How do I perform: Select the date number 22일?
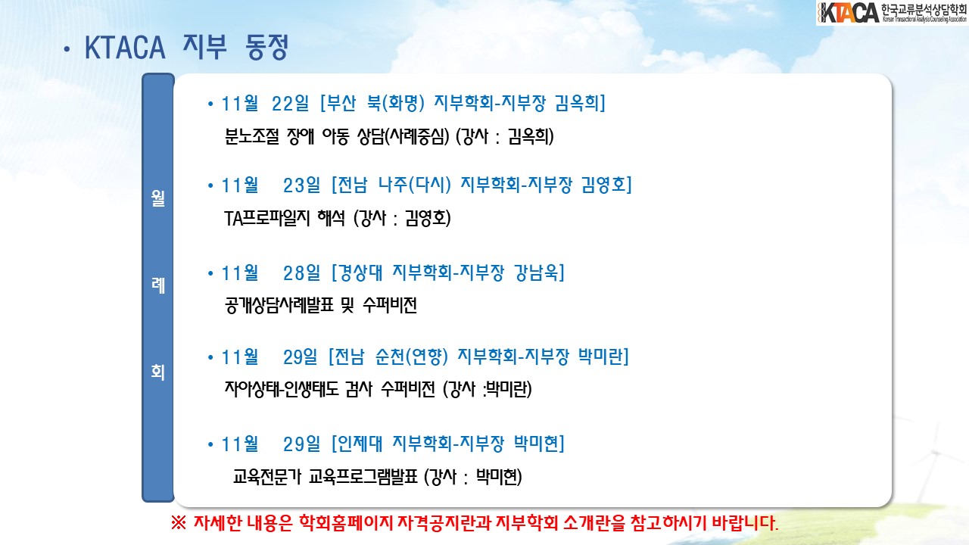290,104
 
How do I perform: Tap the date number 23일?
301,185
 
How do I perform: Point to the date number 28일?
301,273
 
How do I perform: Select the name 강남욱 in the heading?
537,273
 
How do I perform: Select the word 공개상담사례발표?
279,305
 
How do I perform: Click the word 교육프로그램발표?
363,477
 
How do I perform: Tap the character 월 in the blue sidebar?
158,198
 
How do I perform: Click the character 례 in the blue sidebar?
158,285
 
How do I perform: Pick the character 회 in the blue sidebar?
158,372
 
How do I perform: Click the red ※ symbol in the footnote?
178,523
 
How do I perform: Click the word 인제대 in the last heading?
360,444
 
